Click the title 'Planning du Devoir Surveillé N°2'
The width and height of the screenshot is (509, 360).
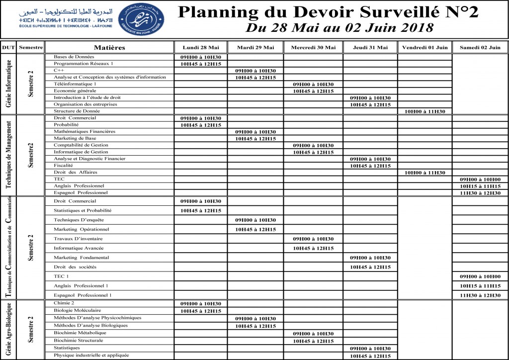[x=328, y=12]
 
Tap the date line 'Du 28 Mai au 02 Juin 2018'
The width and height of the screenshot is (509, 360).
[x=339, y=28]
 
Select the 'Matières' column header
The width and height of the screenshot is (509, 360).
[x=109, y=48]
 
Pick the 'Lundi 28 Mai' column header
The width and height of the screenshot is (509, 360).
[x=201, y=48]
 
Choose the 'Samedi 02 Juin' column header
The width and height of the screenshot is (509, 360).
[x=480, y=48]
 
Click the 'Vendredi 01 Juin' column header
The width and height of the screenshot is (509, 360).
[x=425, y=48]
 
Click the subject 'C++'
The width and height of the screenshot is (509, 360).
[x=59, y=71]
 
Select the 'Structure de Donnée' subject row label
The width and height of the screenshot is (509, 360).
[x=77, y=111]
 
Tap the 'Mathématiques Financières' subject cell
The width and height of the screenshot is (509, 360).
[x=85, y=132]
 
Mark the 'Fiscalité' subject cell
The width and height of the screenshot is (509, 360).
[x=64, y=165]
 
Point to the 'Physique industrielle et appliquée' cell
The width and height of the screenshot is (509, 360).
[x=91, y=355]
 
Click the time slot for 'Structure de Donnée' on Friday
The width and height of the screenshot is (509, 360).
[x=424, y=111]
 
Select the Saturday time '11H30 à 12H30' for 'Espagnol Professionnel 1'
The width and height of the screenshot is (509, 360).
[x=480, y=295]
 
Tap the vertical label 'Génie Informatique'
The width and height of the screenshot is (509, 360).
[x=8, y=84]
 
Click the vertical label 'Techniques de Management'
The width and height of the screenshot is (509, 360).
[x=8, y=155]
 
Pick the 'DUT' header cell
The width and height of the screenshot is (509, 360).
[x=8, y=48]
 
